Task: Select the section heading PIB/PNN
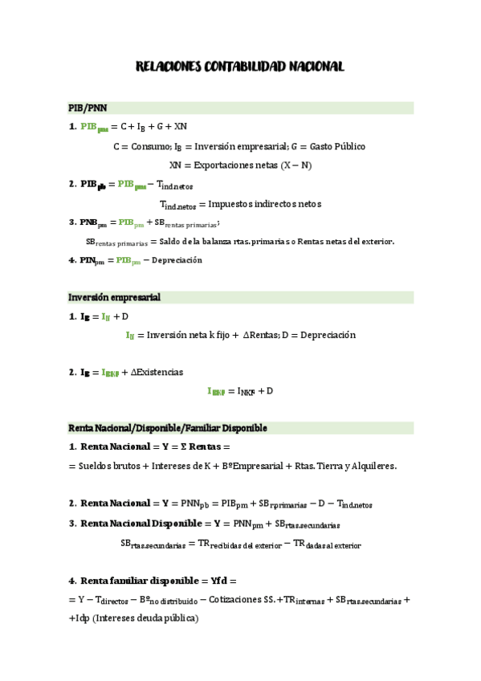click(88, 108)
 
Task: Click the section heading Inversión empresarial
click(114, 298)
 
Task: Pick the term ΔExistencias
click(157, 372)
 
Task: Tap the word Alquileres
click(368, 466)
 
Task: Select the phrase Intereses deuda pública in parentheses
click(147, 618)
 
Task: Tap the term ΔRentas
click(261, 335)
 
